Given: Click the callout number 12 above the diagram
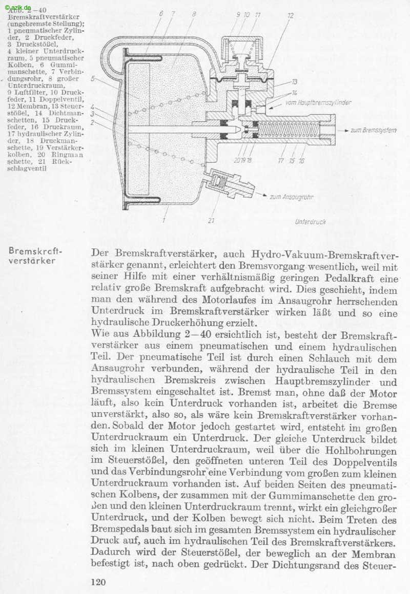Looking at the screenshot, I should point(291,16).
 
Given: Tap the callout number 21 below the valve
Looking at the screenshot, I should point(212,221).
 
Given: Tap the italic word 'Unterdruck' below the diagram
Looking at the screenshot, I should point(311,222).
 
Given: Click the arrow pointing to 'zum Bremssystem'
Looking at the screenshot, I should point(344,131).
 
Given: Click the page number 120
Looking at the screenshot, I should point(97,582).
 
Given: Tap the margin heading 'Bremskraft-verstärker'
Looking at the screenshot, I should point(34,256).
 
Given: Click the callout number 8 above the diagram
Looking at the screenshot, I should point(194,15).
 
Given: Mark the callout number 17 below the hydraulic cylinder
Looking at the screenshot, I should point(281,160).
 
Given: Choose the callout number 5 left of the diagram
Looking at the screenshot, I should point(93,79).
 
